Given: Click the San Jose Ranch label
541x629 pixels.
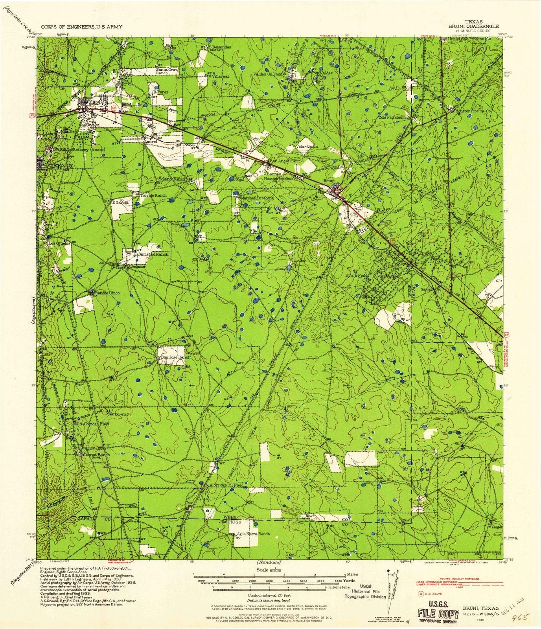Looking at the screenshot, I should [175, 357].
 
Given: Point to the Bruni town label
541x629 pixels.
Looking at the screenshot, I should [329, 181].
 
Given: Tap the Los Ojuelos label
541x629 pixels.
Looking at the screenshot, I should [59, 243].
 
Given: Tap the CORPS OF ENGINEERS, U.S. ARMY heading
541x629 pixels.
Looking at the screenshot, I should [81, 27].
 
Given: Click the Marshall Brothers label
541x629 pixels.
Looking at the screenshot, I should [257, 198].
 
